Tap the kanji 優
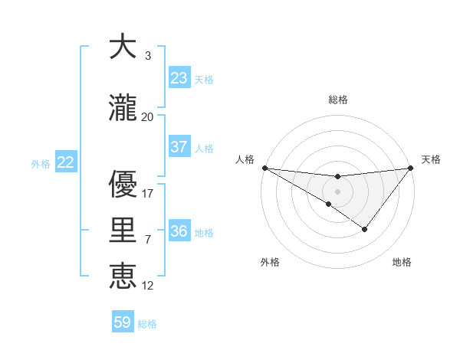pyautogui.click(x=123, y=185)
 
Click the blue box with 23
pyautogui.click(x=179, y=78)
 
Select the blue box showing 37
pyautogui.click(x=179, y=147)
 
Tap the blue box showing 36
pyautogui.click(x=179, y=231)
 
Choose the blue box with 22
pyautogui.click(x=66, y=162)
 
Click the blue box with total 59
pyautogui.click(x=123, y=322)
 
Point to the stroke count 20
pyautogui.click(x=148, y=117)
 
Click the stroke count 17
pyautogui.click(x=148, y=194)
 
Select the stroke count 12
pyautogui.click(x=148, y=285)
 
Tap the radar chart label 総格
pyautogui.click(x=337, y=100)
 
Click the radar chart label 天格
pyautogui.click(x=432, y=159)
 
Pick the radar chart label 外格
pyautogui.click(x=270, y=262)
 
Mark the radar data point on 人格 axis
pyautogui.click(x=264, y=167)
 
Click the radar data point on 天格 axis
pyautogui.click(x=410, y=168)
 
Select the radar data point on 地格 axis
pyautogui.click(x=365, y=229)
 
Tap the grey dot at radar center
pyautogui.click(x=337, y=191)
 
